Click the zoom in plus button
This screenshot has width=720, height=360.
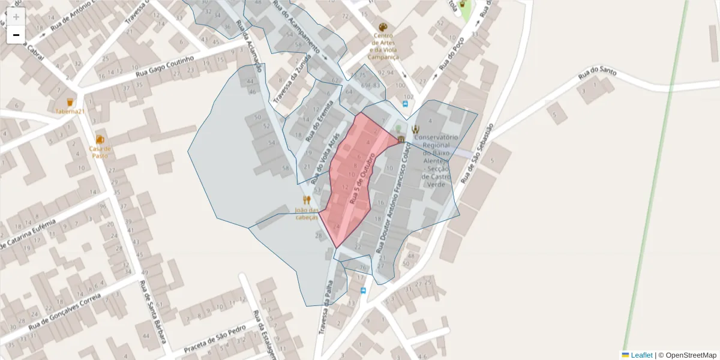pyautogui.click(x=16, y=17)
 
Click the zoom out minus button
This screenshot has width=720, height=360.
pyautogui.click(x=16, y=35)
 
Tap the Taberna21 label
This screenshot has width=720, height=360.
pyautogui.click(x=70, y=112)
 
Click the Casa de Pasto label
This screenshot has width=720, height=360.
pyautogui.click(x=100, y=152)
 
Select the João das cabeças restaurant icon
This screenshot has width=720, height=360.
pyautogui.click(x=307, y=200)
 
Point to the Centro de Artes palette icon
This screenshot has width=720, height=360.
pyautogui.click(x=383, y=28)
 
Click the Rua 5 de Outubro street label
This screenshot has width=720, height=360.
pyautogui.click(x=362, y=177)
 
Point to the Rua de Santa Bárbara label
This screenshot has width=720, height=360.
pyautogui.click(x=152, y=309)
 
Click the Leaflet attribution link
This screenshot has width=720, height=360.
pyautogui.click(x=641, y=355)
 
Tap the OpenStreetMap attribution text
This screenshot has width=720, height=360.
pyautogui.click(x=691, y=355)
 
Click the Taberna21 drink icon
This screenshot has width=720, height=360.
pyautogui.click(x=70, y=102)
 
